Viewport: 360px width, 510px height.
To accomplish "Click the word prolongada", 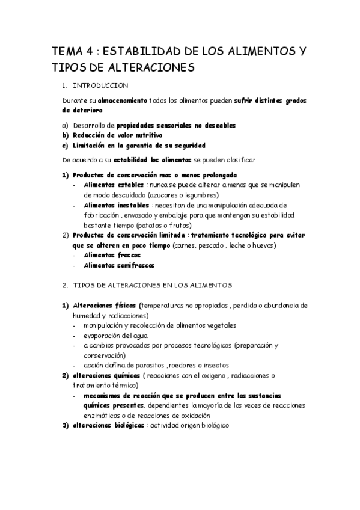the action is coord(215,175).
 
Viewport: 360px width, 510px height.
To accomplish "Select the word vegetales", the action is coord(220,325).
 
